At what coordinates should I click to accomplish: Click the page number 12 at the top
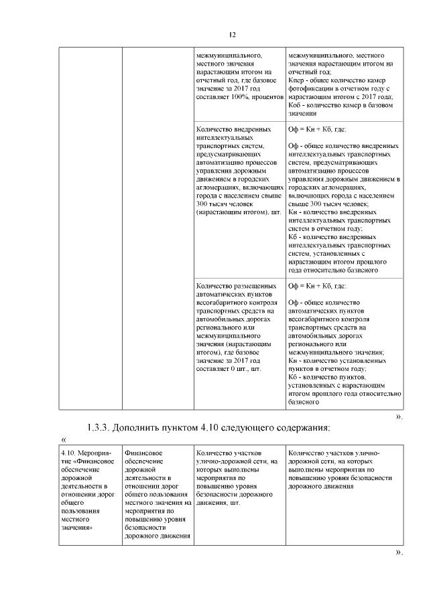coord(233,35)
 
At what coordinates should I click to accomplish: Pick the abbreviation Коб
coord(295,106)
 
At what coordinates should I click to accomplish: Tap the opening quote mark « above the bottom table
coord(64,439)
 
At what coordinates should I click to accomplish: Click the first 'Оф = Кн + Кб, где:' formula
coord(316,129)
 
